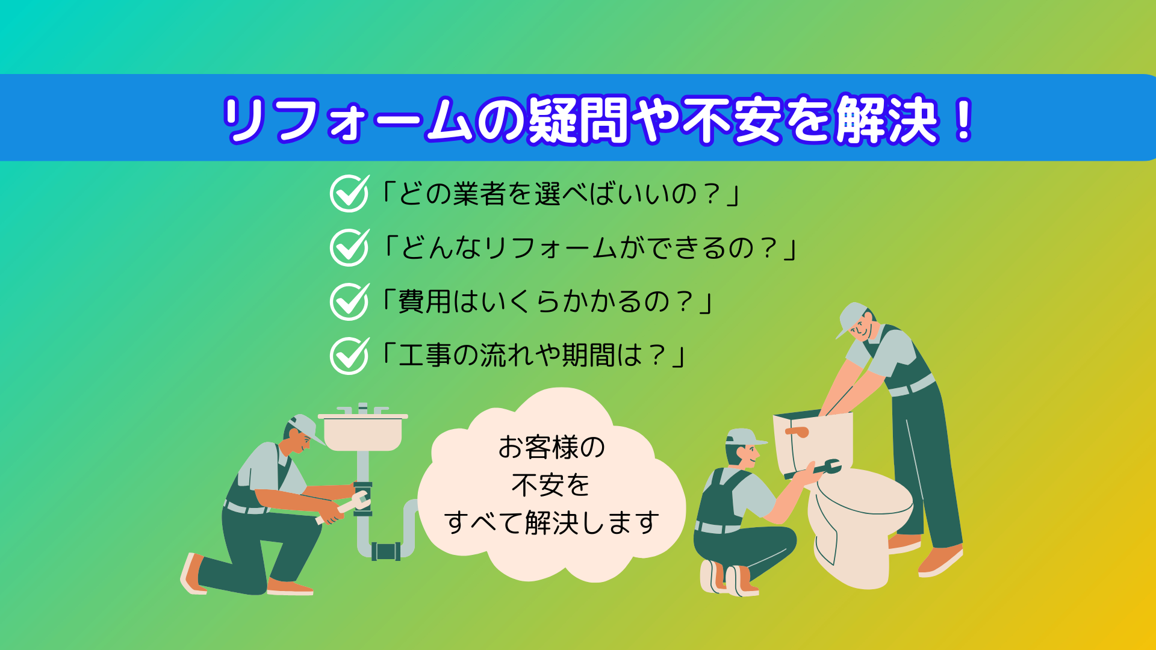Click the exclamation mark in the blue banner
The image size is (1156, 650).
[964, 120]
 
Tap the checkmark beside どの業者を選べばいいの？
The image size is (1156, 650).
[350, 193]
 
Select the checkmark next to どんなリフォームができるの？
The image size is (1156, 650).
[350, 247]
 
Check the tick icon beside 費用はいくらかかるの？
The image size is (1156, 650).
[350, 302]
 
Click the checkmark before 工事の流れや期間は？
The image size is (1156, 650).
[350, 356]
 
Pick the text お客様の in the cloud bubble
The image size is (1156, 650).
[552, 447]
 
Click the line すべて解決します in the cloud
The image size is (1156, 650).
[552, 522]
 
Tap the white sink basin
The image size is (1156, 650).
[362, 433]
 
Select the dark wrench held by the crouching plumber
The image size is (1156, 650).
[814, 469]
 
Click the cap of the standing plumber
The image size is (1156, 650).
[851, 318]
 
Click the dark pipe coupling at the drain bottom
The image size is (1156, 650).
[385, 551]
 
